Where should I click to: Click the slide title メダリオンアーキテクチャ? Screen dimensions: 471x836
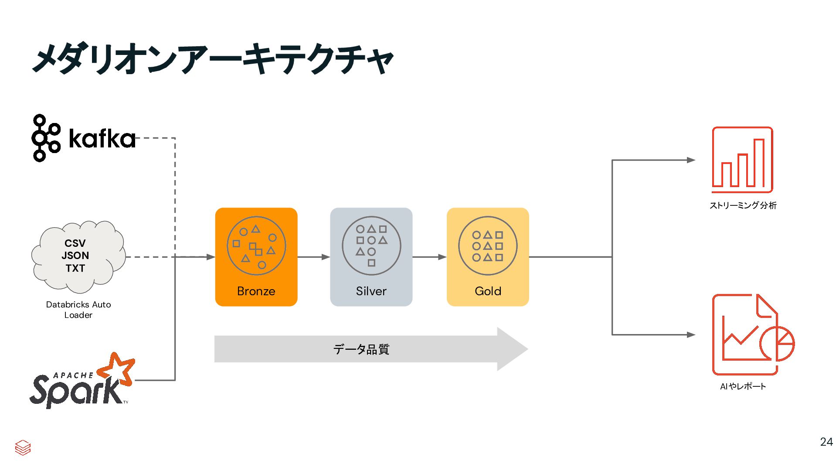[x=213, y=58]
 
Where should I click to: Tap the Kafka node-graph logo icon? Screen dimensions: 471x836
[x=45, y=138]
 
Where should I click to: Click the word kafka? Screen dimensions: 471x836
[x=102, y=139]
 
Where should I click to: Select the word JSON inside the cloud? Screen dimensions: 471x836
[x=75, y=256]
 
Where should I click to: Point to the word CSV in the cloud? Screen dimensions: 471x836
[x=75, y=243]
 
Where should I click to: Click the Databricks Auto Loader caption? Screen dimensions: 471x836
[x=78, y=310]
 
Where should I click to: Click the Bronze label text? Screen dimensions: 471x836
[x=256, y=291]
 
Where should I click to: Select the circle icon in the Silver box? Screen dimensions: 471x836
[x=371, y=246]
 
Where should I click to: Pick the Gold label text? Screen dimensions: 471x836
[x=488, y=291]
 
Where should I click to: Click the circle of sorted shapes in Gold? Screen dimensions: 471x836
[x=488, y=246]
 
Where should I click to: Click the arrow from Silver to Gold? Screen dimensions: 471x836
[x=429, y=257]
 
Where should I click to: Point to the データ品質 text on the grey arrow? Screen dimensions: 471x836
[x=361, y=349]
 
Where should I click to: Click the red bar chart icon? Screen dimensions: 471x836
[x=742, y=160]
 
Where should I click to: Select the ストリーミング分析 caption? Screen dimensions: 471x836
[x=743, y=205]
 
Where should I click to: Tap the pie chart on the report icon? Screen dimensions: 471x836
[x=778, y=344]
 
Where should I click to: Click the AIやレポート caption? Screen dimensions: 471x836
[x=743, y=386]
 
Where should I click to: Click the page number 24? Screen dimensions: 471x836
[x=826, y=442]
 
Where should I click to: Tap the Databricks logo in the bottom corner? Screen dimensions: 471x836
[x=23, y=447]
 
